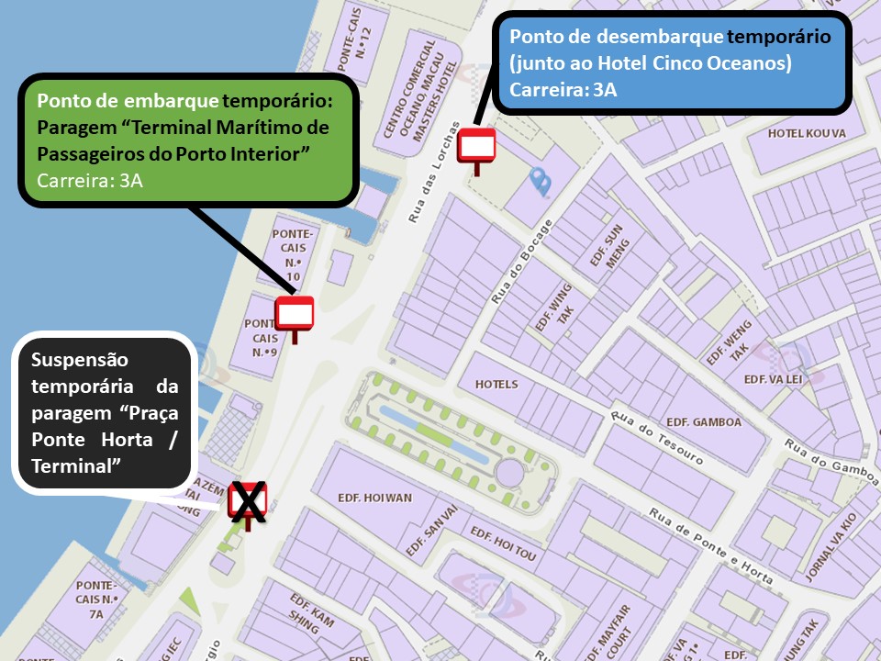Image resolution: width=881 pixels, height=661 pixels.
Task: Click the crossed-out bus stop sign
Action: (x=248, y=502)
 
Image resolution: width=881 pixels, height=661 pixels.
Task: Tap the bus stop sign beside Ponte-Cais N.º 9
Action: (x=296, y=314)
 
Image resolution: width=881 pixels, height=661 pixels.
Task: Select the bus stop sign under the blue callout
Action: (x=476, y=146)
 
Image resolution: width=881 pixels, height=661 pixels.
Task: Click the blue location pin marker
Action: (x=541, y=182)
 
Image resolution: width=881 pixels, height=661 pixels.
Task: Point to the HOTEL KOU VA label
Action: (x=807, y=133)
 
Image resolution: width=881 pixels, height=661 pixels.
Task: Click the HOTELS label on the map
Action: (x=496, y=384)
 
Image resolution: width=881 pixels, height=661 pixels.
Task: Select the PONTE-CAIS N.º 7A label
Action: (x=97, y=599)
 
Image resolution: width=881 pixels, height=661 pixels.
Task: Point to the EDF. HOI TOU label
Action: (x=503, y=545)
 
